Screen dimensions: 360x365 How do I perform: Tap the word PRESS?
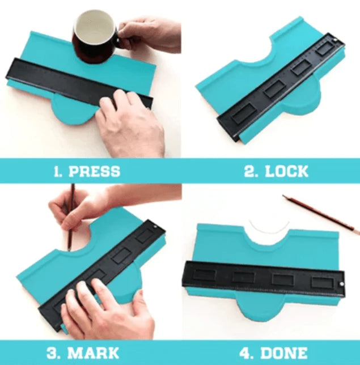coord(94,171)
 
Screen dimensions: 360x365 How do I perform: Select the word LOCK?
coord(287,171)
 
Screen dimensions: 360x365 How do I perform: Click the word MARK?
coord(93,353)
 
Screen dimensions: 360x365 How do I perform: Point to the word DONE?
coord(284,353)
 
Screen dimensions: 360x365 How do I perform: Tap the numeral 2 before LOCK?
coord(251,171)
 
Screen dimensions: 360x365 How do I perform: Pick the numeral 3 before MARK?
coord(53,353)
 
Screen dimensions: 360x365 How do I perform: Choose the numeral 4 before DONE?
coord(247,353)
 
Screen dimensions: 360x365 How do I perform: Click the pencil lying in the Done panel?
coord(321,215)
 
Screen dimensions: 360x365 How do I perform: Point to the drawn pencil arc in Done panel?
coord(269,228)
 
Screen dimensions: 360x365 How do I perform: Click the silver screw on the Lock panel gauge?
coord(336,40)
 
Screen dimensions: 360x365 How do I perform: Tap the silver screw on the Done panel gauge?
coord(341,284)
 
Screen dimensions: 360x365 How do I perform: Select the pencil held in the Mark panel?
coord(71,217)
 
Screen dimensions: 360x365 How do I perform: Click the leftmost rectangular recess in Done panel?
coord(204,275)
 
